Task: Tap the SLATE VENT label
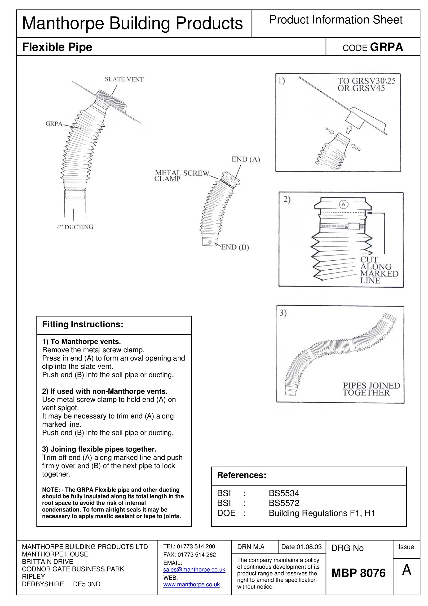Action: pyautogui.click(x=124, y=79)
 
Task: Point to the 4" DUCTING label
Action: pyautogui.click(x=75, y=227)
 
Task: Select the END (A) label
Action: pyautogui.click(x=246, y=159)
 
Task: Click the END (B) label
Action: pyautogui.click(x=235, y=247)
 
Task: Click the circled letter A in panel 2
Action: pyautogui.click(x=343, y=204)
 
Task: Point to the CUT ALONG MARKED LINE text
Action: pyautogui.click(x=379, y=270)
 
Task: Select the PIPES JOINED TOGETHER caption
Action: pyautogui.click(x=371, y=389)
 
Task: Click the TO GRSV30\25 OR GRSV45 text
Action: pyautogui.click(x=366, y=85)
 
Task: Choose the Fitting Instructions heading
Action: pyautogui.click(x=83, y=324)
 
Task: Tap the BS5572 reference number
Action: pyautogui.click(x=284, y=503)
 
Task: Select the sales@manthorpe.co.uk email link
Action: pyautogui.click(x=194, y=570)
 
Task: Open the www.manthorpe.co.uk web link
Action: pyautogui.click(x=191, y=584)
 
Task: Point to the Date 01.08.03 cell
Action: pyautogui.click(x=301, y=547)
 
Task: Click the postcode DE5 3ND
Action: pyautogui.click(x=87, y=584)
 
